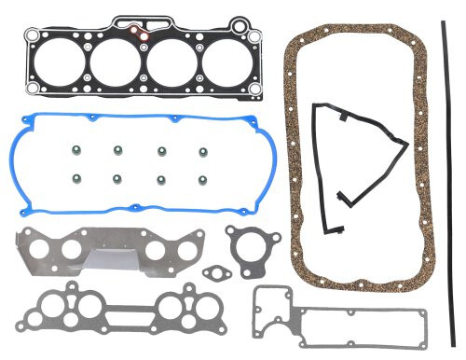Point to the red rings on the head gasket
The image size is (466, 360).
point(141,33)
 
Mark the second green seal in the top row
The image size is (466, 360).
point(117,148)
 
